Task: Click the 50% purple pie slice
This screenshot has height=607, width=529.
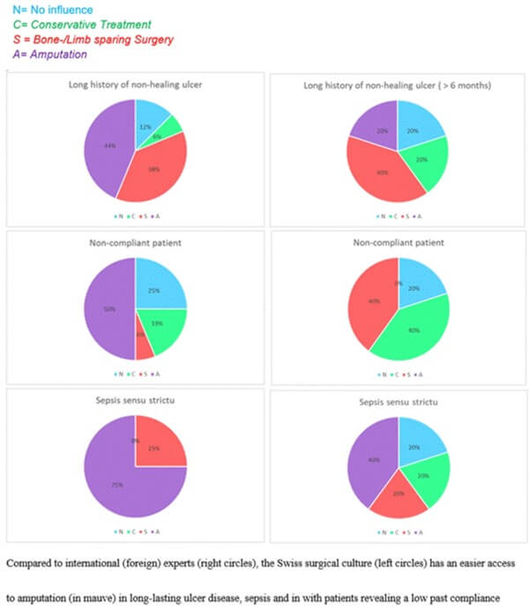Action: [108, 308]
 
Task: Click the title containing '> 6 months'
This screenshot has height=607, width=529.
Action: [398, 85]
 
